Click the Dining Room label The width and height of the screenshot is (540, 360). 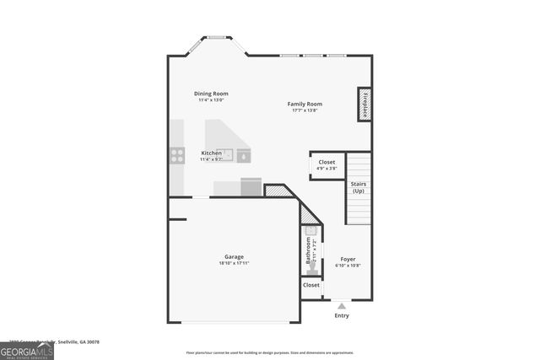pos(211,94)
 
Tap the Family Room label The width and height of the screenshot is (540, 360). pos(305,104)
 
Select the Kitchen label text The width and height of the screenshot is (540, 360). pos(211,153)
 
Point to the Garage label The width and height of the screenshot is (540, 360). pos(234,256)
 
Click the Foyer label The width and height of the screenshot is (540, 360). pos(348,259)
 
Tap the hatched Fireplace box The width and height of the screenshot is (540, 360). pos(364,104)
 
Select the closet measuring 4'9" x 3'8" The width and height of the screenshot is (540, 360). pos(326,165)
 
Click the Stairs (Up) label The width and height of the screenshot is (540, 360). pos(359,186)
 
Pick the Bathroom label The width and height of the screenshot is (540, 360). pos(308,250)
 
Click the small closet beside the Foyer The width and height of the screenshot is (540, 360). pos(311,286)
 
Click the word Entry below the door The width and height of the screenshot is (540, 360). pos(341,316)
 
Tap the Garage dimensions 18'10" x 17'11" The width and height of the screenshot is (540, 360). pos(234,263)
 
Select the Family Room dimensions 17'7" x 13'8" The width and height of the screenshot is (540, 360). pos(305,110)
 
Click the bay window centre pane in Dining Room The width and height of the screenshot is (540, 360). pos(217,37)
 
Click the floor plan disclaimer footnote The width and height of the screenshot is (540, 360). pos(270,353)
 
